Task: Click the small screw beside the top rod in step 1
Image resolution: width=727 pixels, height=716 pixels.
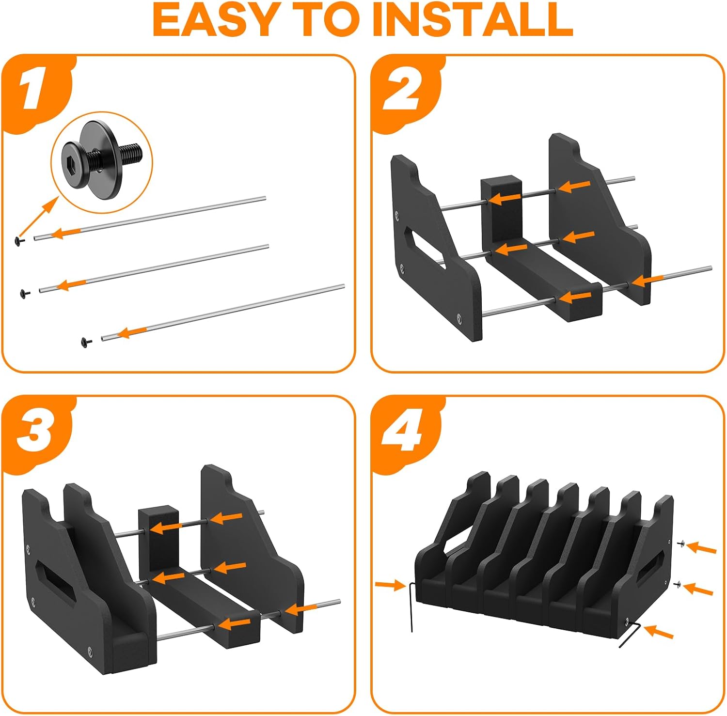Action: point(19,241)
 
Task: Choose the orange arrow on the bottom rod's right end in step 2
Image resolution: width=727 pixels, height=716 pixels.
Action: point(647,281)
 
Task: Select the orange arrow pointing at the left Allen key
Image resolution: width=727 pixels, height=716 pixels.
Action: point(390,585)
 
